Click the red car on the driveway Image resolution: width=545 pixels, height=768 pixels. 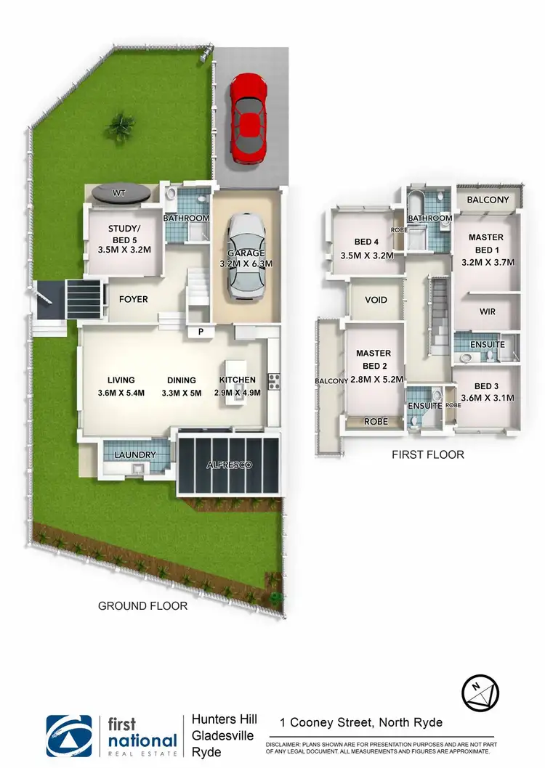[249, 120]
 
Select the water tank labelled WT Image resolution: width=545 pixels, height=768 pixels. [121, 194]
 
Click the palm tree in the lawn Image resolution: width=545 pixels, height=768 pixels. [118, 128]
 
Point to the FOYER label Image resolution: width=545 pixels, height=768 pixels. [134, 298]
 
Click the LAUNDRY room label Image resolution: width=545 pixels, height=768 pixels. [135, 455]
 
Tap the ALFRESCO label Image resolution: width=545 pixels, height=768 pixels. [229, 465]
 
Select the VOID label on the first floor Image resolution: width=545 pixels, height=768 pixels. [376, 300]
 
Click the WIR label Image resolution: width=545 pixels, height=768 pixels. [487, 311]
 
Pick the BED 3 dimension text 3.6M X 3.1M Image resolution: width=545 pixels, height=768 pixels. [488, 398]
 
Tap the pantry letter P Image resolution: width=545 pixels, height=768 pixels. [200, 332]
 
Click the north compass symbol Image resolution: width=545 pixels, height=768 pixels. [480, 694]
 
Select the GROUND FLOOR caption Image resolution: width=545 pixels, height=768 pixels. [142, 605]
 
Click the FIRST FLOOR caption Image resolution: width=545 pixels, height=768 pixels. [428, 455]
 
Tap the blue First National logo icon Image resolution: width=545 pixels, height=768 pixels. [69, 738]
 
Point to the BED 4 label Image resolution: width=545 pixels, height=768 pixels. [367, 242]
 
